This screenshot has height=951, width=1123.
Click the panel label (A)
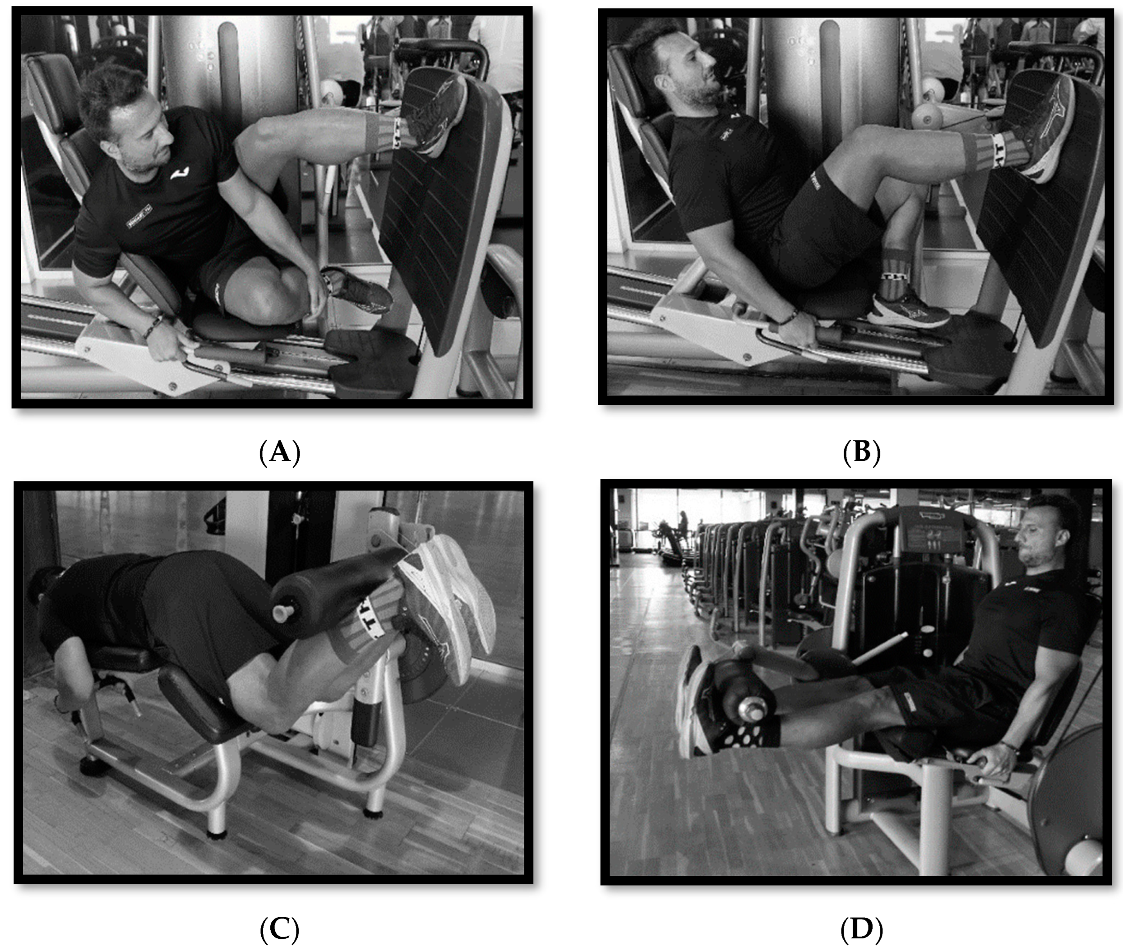pos(279,452)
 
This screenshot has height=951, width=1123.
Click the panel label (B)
pos(861,452)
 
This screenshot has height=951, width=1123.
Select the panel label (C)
pos(279,928)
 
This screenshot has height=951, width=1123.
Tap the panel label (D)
pos(861,928)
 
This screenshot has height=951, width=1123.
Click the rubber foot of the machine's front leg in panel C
pos(216,833)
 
